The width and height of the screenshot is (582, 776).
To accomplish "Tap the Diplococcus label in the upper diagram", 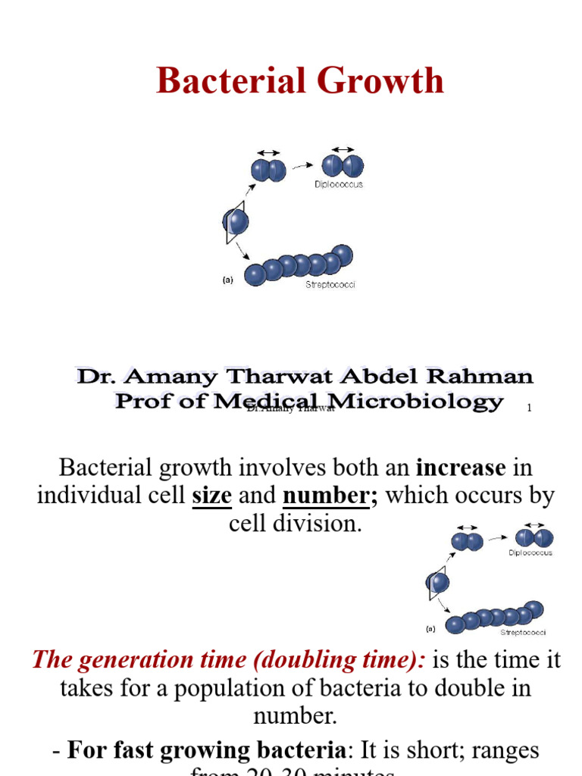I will pos(339,185).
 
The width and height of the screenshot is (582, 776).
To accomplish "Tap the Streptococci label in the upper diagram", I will pos(330,285).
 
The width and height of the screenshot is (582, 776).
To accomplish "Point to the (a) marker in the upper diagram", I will pos(228,280).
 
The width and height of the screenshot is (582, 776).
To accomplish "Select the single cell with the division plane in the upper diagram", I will pos(236,222).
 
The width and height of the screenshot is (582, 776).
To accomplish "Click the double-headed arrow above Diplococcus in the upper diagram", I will pos(343,149).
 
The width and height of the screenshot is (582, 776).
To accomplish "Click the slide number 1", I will pos(529,408).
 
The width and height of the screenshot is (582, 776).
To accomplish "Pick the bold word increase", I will pos(453,469).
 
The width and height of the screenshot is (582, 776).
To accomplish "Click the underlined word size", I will pos(211,496).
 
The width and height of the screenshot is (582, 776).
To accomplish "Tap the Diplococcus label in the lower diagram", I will pos(530,553).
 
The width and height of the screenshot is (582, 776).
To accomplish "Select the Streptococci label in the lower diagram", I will pos(522,632).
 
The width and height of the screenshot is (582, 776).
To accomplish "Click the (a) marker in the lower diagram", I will pos(430,628).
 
